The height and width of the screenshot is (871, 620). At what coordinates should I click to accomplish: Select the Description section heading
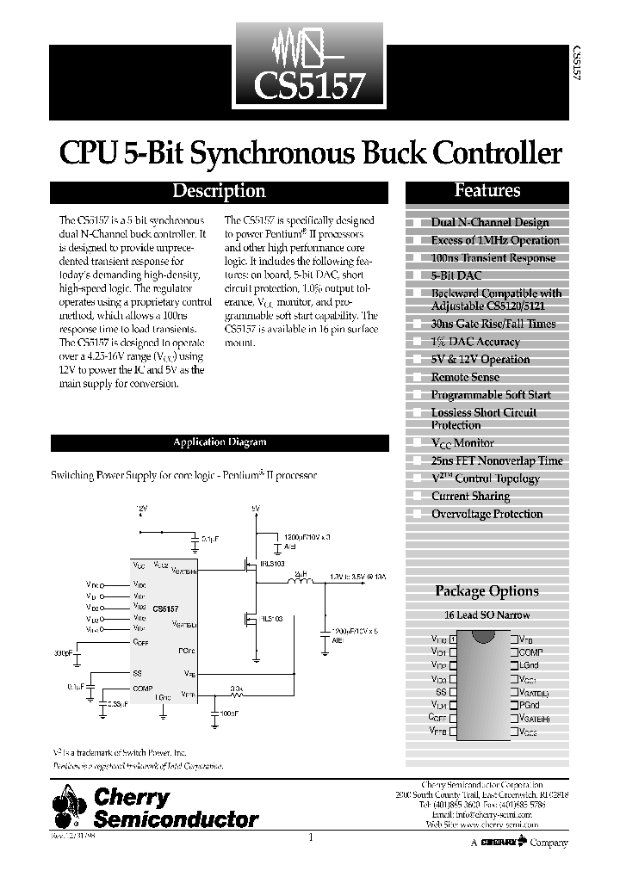click(x=219, y=192)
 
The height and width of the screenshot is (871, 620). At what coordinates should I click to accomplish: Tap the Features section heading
click(x=487, y=191)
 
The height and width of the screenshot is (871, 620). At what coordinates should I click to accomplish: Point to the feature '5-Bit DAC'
click(x=456, y=275)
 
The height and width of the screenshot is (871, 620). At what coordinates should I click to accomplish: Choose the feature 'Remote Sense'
click(x=465, y=377)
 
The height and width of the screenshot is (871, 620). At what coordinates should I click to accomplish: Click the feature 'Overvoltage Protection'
click(x=487, y=514)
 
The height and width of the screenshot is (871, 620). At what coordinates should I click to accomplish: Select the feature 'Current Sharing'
click(x=470, y=497)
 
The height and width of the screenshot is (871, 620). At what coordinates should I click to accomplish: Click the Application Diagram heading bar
click(x=219, y=442)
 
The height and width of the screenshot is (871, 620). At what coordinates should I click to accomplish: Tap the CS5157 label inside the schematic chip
click(x=165, y=609)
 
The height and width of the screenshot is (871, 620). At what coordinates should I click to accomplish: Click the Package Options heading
click(x=487, y=591)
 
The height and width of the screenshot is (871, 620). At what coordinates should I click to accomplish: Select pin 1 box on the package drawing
click(x=453, y=639)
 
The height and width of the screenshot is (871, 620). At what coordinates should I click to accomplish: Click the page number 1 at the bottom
click(x=310, y=837)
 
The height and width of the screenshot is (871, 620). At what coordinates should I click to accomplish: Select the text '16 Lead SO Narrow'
click(x=487, y=615)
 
